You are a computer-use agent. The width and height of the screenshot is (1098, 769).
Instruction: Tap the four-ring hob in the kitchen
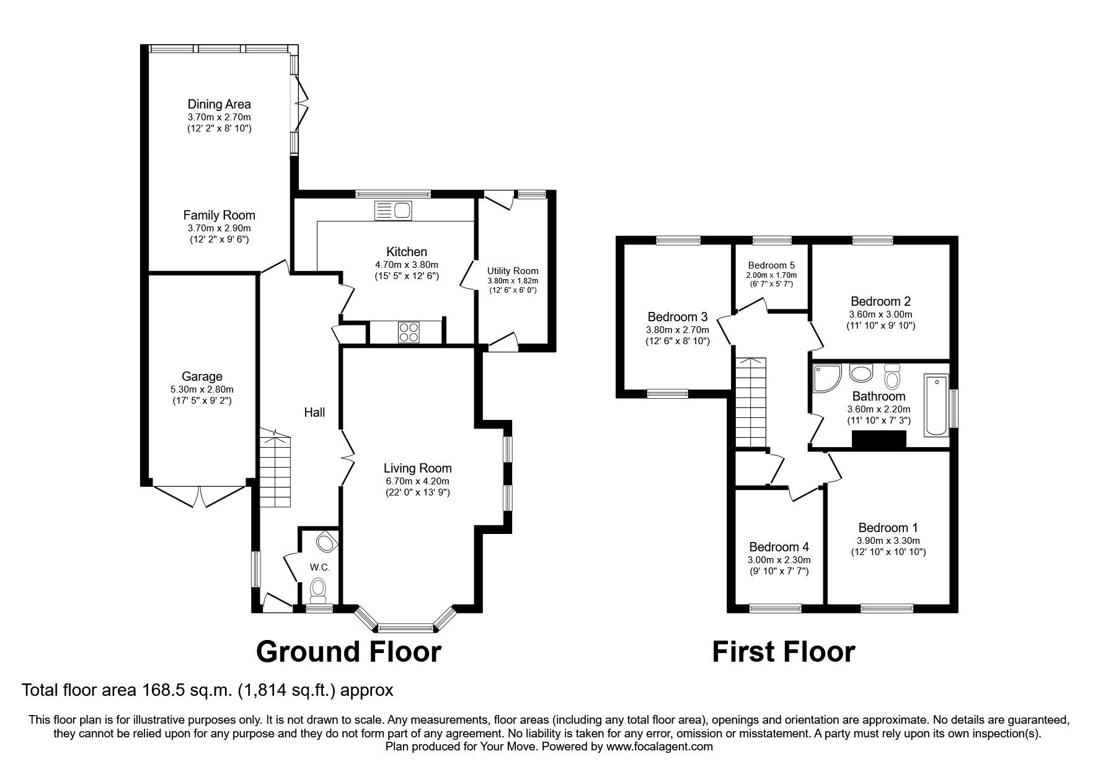click(x=408, y=332)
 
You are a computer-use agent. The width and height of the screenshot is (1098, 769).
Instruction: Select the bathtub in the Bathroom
click(x=936, y=406)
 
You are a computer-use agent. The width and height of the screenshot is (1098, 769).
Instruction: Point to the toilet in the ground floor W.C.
click(x=318, y=589)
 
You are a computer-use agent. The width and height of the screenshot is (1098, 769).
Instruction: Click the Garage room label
click(x=202, y=376)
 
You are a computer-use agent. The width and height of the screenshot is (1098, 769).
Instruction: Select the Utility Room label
click(x=513, y=271)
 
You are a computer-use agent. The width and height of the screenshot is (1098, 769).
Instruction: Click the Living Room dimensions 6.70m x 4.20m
click(x=417, y=481)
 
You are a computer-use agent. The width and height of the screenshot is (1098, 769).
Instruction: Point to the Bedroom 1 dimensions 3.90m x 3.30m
click(x=888, y=540)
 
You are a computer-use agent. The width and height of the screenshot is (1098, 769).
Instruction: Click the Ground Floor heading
click(x=348, y=652)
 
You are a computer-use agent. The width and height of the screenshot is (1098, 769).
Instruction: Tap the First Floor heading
click(x=783, y=652)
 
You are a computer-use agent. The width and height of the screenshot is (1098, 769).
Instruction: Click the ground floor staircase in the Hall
click(x=275, y=469)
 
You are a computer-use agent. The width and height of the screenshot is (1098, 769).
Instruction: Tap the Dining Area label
click(x=219, y=104)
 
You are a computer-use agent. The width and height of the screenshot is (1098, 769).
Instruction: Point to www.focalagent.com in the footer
click(x=659, y=747)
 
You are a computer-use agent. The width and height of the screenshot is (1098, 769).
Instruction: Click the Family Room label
click(x=219, y=215)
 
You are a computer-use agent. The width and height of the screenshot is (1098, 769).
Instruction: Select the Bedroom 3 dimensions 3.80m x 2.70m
click(x=678, y=329)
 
